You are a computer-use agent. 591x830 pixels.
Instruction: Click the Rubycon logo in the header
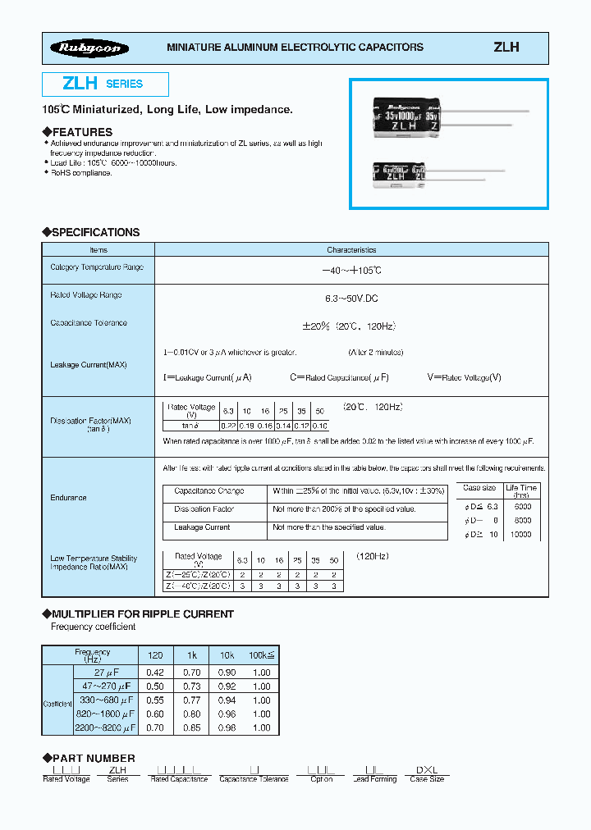click(88, 48)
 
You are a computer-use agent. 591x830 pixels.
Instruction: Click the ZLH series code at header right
click(506, 48)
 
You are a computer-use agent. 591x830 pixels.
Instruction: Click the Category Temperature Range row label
click(96, 267)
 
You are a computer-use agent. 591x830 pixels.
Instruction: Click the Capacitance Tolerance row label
click(89, 323)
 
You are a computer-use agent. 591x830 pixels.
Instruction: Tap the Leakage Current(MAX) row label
click(89, 364)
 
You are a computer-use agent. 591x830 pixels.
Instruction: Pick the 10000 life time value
click(521, 534)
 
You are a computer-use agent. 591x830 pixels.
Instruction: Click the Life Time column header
click(521, 490)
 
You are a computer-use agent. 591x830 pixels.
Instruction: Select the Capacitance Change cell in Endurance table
click(208, 490)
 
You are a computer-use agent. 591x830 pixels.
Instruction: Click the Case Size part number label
click(427, 779)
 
